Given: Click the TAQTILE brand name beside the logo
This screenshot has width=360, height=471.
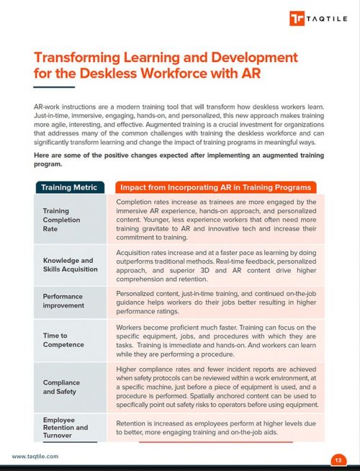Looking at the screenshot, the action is [327, 18].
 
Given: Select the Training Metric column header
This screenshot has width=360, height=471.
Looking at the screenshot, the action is [71, 187].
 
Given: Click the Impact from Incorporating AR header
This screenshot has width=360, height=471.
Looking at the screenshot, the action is [215, 187].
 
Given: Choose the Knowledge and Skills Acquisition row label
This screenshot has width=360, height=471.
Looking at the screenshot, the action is [68, 264].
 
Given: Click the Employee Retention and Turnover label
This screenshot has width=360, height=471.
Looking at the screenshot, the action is [65, 428].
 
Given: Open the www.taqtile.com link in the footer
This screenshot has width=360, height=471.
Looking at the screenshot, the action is [35, 457].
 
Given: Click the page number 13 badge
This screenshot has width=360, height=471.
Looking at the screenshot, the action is [337, 459].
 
